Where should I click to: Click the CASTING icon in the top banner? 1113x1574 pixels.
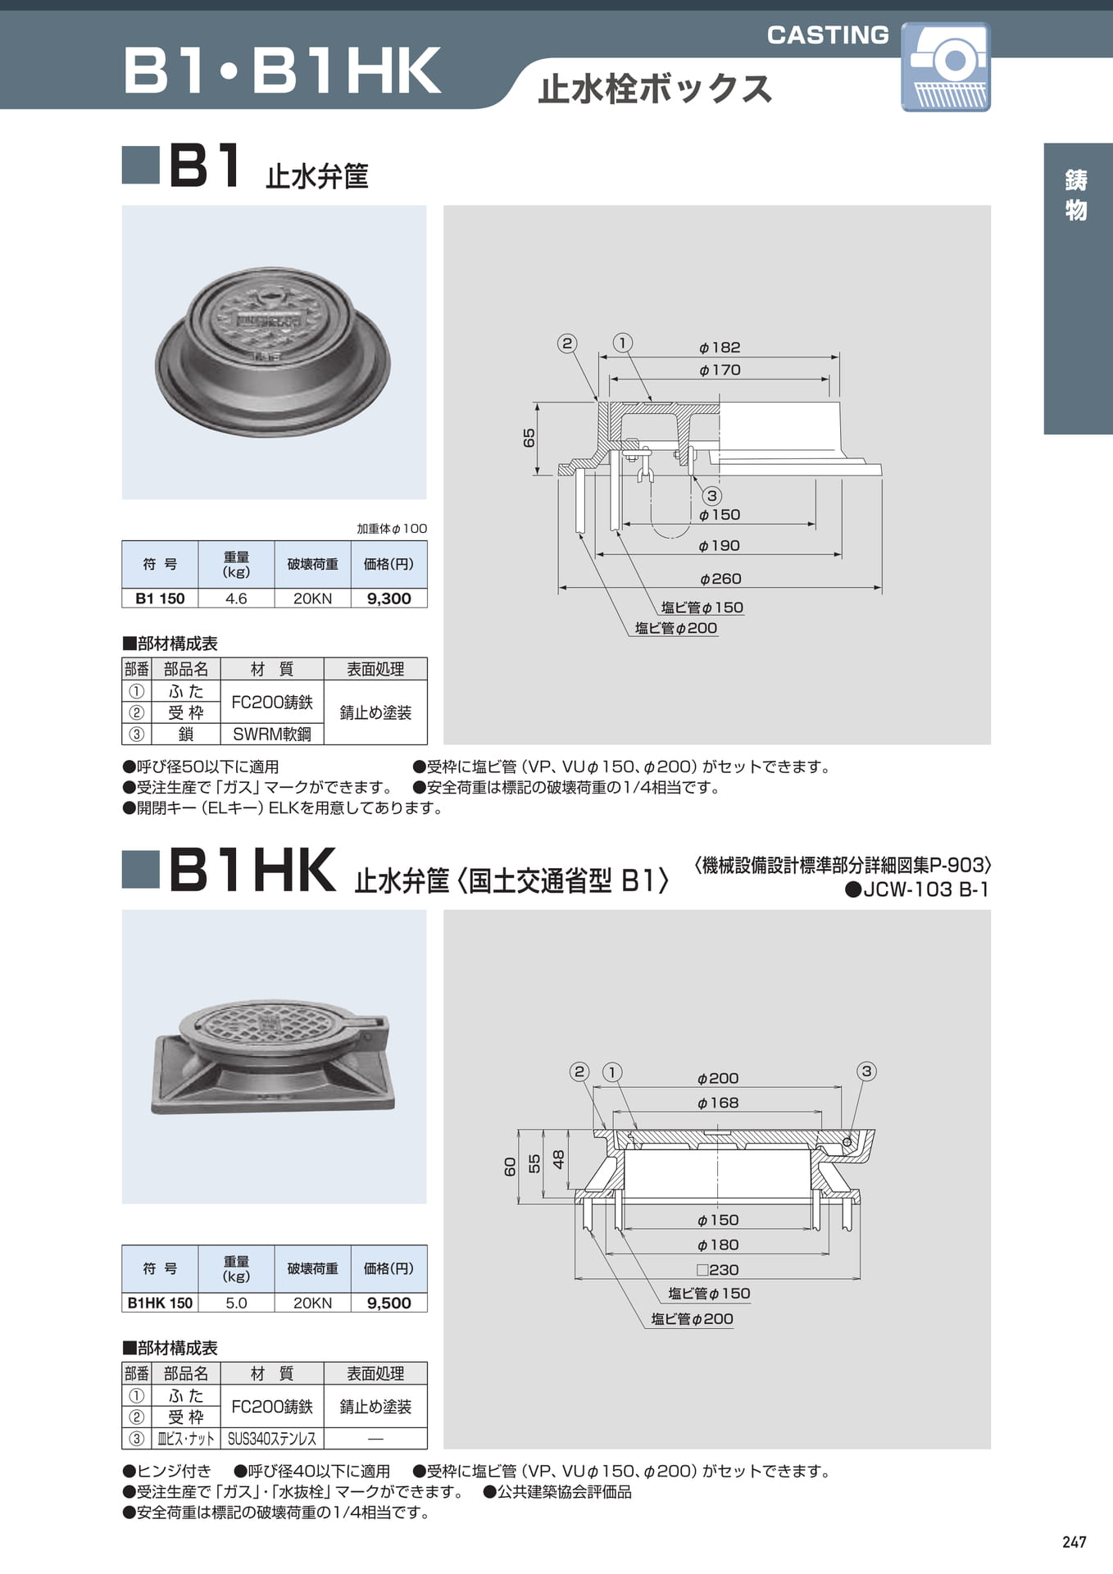(x=946, y=66)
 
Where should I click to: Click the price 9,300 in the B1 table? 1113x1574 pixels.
(x=388, y=598)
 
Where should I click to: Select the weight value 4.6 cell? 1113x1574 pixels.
(x=236, y=598)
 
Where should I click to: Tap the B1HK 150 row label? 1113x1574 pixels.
(x=160, y=1303)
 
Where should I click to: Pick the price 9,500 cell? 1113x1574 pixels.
(x=388, y=1303)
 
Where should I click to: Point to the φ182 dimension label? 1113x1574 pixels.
(x=720, y=348)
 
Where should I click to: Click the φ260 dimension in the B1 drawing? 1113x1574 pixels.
(x=720, y=579)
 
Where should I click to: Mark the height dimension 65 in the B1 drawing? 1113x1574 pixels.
(x=529, y=438)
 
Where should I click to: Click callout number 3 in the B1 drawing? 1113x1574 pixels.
(x=711, y=495)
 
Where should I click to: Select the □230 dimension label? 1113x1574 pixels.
(x=718, y=1269)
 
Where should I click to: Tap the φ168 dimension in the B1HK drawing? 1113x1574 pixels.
(x=718, y=1103)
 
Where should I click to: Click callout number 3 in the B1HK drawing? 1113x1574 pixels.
(x=866, y=1071)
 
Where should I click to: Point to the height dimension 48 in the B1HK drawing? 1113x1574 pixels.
(x=559, y=1159)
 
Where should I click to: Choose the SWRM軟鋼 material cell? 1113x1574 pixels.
(x=272, y=734)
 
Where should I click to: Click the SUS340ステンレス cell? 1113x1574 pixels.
(x=272, y=1438)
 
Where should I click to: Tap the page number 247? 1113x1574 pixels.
(x=1074, y=1542)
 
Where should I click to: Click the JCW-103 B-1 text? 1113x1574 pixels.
(x=918, y=889)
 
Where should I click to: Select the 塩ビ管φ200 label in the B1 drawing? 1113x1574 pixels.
(x=676, y=628)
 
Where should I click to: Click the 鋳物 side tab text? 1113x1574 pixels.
(x=1076, y=195)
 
